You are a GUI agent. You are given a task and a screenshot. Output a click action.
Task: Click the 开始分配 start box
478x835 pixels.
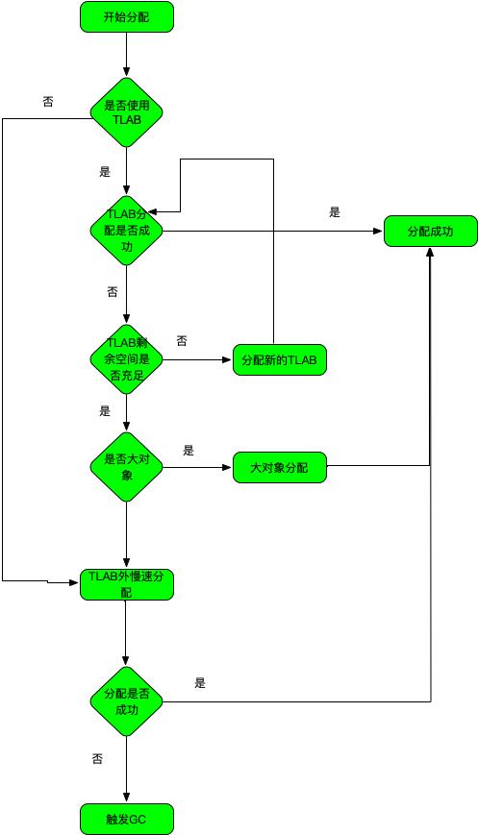click(126, 16)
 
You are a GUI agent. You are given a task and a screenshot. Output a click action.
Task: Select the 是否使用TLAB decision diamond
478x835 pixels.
click(126, 112)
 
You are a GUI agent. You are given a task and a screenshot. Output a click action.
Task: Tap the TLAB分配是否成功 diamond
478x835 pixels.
click(126, 231)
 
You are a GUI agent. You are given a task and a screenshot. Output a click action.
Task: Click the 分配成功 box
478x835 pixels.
click(430, 232)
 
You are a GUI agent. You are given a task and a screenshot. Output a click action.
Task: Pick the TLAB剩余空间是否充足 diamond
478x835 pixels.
click(126, 359)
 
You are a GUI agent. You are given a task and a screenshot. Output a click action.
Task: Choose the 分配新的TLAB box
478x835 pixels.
click(279, 360)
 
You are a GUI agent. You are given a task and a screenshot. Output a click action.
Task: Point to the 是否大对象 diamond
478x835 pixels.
click(126, 466)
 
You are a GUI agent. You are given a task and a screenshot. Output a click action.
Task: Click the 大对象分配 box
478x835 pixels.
click(279, 468)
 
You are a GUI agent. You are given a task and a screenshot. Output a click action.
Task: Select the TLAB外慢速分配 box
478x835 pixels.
click(126, 584)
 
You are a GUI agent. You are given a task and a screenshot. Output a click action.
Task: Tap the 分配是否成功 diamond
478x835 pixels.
click(126, 701)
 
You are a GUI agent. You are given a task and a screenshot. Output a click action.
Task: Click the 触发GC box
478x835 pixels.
click(126, 819)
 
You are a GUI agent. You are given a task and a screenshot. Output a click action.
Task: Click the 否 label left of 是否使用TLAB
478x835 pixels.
click(48, 101)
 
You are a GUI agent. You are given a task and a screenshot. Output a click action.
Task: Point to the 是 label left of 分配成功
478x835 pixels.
click(335, 212)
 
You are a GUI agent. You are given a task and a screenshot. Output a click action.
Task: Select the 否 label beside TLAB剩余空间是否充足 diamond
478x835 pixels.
click(182, 341)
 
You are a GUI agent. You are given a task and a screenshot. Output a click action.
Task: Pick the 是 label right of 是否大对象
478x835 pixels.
click(189, 450)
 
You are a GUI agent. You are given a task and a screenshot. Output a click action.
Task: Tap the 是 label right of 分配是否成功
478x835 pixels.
click(200, 683)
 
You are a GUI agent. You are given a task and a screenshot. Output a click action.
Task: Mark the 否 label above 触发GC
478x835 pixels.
click(97, 759)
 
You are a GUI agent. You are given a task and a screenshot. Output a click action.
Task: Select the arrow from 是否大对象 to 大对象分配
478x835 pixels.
click(197, 467)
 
